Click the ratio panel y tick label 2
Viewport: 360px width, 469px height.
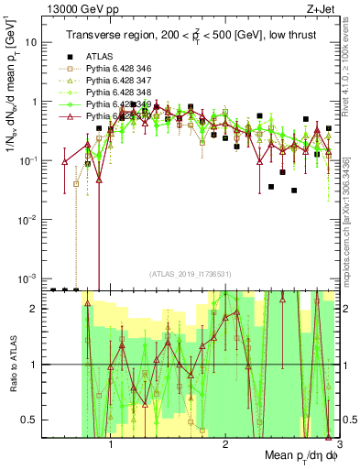click(x=36, y=309)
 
